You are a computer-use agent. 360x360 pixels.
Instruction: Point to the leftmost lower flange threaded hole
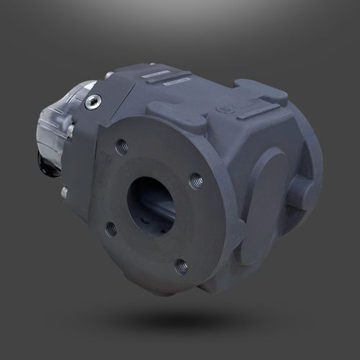point(110,229)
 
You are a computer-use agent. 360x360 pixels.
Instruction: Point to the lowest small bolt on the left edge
point(65,192)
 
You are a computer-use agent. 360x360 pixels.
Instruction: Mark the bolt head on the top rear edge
point(109,74)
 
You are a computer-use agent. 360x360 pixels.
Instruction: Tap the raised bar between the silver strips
point(166,78)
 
